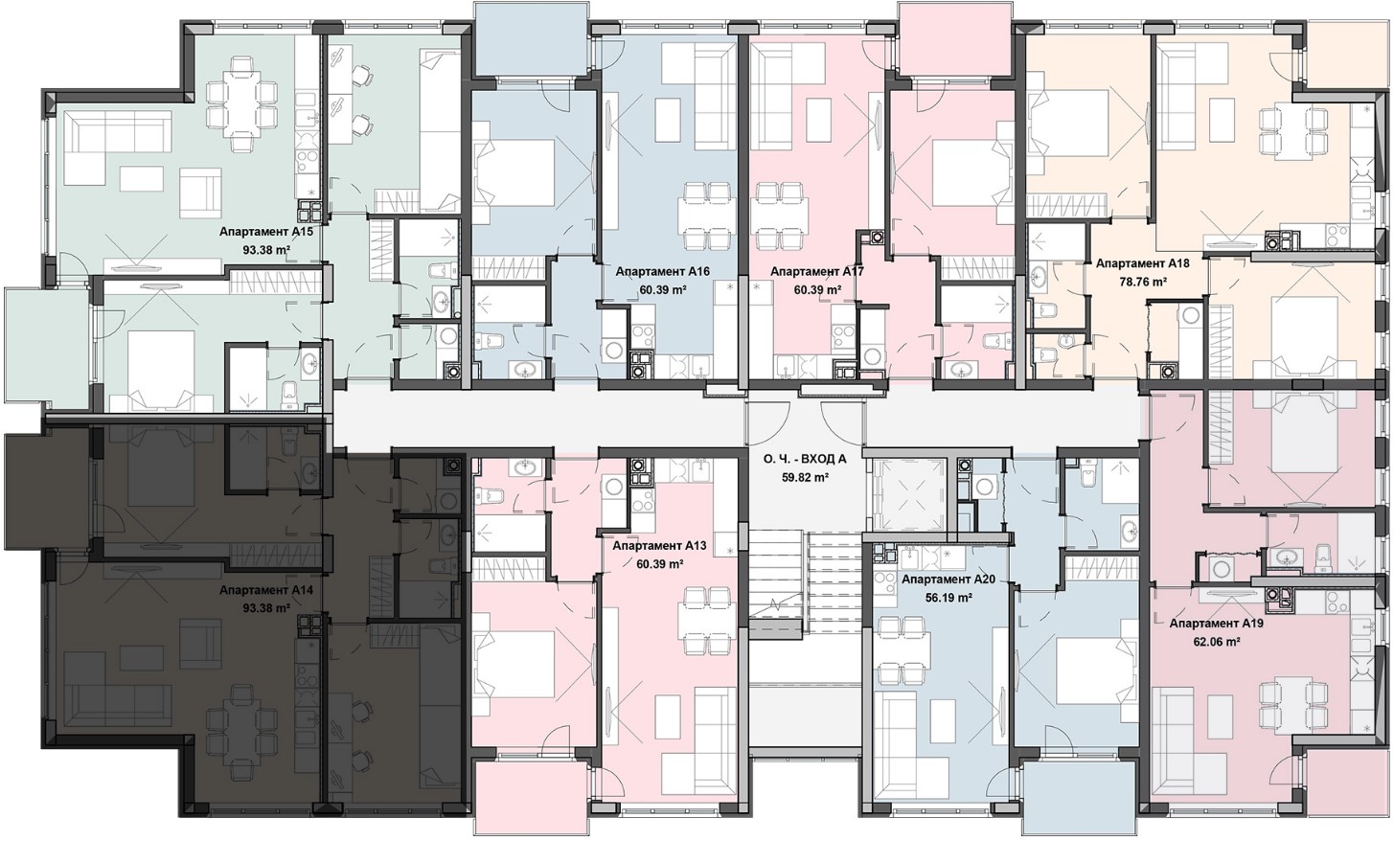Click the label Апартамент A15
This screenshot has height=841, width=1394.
coord(266,232)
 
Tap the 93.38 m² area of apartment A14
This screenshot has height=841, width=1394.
coord(266,608)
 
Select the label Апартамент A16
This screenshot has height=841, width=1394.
coord(662,271)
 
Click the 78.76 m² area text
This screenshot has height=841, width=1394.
coord(1143,282)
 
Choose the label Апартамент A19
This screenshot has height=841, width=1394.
coord(1216,624)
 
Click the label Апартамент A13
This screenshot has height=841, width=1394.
coord(659,546)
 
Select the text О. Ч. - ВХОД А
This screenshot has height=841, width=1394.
coord(806,460)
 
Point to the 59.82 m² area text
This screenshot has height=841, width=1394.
coord(806,478)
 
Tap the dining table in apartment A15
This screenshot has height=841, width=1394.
coord(241,102)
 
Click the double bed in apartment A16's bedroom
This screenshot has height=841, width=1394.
coord(514,172)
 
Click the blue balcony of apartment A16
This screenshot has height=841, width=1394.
coord(531,38)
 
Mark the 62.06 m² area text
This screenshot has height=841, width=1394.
coord(1216,642)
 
